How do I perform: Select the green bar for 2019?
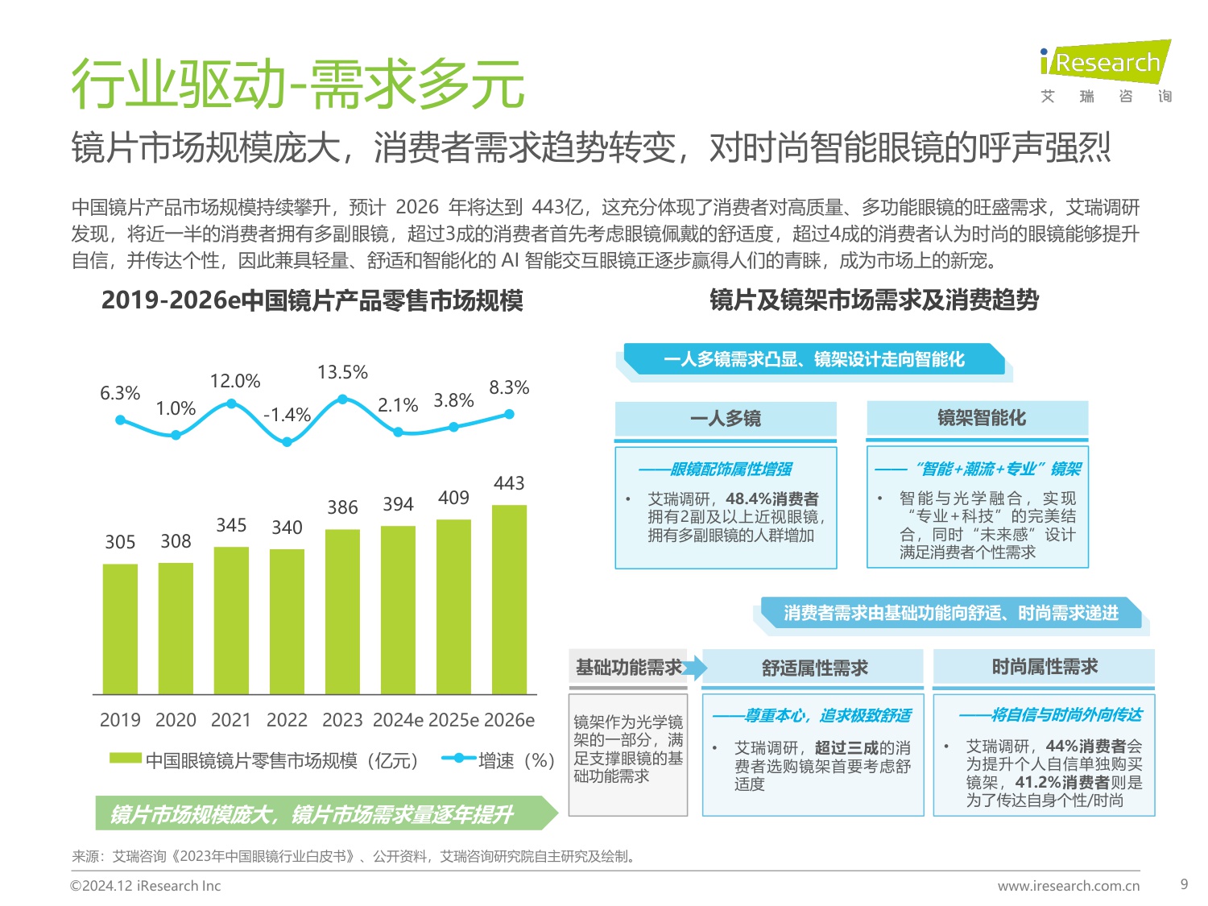(120, 628)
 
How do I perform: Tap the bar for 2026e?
(509, 599)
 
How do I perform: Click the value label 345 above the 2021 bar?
(231, 525)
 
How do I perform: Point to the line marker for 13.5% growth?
(342, 399)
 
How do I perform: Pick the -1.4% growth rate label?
(288, 415)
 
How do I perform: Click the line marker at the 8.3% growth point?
(509, 414)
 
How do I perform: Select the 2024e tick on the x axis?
(398, 720)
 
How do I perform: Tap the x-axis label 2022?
(287, 720)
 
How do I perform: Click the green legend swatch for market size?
(125, 758)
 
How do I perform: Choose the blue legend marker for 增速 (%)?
(459, 758)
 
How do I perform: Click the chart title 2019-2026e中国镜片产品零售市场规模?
(312, 300)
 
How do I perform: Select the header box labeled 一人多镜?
(726, 419)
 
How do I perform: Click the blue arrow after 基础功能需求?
(697, 668)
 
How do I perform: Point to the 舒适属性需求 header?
(814, 668)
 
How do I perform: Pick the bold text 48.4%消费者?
(772, 499)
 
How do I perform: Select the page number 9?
(1184, 884)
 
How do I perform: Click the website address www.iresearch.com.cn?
(1068, 886)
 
